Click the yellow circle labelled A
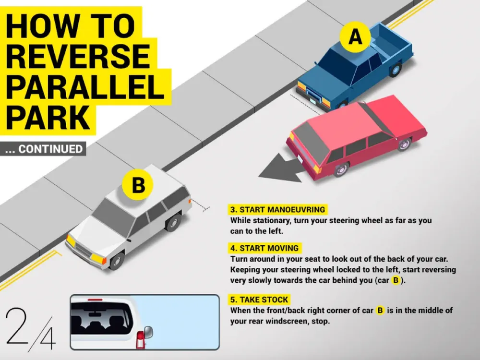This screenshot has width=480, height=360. click(x=355, y=37)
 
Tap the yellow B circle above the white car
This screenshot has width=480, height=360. click(x=138, y=185)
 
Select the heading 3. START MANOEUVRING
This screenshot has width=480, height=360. click(x=277, y=210)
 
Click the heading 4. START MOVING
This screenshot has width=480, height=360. click(x=264, y=248)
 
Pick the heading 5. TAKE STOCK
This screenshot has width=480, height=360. click(x=259, y=300)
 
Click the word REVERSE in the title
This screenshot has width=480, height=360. click(x=78, y=56)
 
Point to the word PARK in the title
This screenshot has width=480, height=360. click(x=48, y=118)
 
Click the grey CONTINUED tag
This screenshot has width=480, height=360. click(x=43, y=149)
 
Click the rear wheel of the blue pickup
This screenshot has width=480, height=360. click(x=395, y=70)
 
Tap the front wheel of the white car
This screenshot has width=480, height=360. click(x=116, y=261)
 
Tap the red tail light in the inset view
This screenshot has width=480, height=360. click(x=140, y=339)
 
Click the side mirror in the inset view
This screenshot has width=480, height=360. click(x=148, y=333)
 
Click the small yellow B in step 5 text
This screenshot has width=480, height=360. click(x=380, y=311)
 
